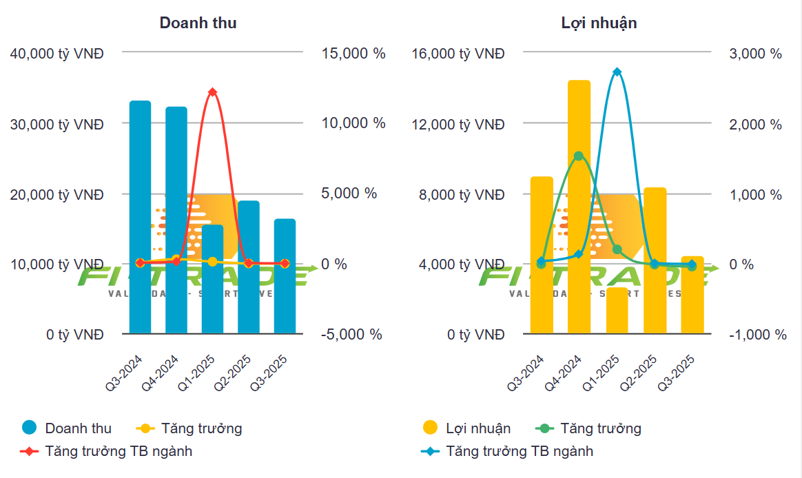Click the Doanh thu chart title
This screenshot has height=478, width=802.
pyautogui.click(x=198, y=23)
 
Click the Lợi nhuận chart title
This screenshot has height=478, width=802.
pyautogui.click(x=599, y=23)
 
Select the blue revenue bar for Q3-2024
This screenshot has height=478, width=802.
pyautogui.click(x=140, y=217)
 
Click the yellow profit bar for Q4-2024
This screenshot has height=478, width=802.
pyautogui.click(x=579, y=207)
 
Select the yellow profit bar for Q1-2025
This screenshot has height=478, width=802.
pyautogui.click(x=617, y=311)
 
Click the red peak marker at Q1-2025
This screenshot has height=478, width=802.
pyautogui.click(x=212, y=92)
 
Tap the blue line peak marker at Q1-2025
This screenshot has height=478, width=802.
pyautogui.click(x=617, y=72)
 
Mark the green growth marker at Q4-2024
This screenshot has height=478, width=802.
pyautogui.click(x=579, y=156)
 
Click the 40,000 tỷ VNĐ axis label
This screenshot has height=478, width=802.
pyautogui.click(x=57, y=53)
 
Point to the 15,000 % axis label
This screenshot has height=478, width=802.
pyautogui.click(x=353, y=53)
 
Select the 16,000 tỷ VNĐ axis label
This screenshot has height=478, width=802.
pyautogui.click(x=458, y=53)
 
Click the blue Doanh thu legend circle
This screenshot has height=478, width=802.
pyautogui.click(x=29, y=428)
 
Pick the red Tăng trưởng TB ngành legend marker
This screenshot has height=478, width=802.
pyautogui.click(x=30, y=452)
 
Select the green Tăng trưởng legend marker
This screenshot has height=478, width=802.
pyautogui.click(x=545, y=428)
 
